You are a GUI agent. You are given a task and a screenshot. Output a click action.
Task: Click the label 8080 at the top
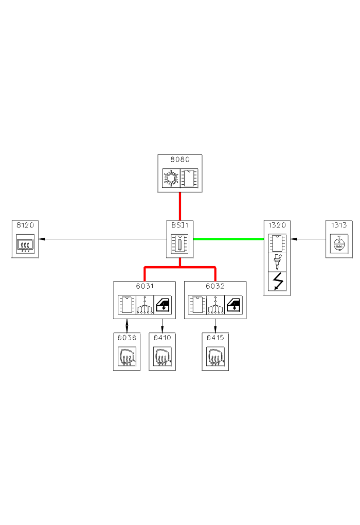[x=179, y=160]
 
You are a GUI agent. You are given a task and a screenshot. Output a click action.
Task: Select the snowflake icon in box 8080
[x=170, y=178]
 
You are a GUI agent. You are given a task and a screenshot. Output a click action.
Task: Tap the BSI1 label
[x=179, y=225]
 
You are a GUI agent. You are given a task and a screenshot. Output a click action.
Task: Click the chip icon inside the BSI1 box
[x=179, y=243]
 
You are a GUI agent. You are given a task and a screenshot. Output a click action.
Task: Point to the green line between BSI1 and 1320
[x=228, y=239]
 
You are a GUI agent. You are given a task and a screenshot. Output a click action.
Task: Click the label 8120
[x=25, y=225]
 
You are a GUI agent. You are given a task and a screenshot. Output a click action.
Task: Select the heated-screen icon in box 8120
[x=25, y=244]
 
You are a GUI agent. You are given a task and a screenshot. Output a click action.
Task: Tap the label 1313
[x=338, y=225]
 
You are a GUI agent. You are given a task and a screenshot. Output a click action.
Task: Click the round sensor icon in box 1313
[x=339, y=244]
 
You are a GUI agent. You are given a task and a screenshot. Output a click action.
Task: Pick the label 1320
[x=277, y=225]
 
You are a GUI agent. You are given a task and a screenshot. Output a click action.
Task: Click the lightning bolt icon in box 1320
[x=277, y=281]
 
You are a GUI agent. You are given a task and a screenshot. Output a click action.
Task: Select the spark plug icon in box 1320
[x=277, y=261]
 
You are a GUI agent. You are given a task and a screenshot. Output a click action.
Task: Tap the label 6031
[x=145, y=286]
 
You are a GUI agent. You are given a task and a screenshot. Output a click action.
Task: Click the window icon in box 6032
[x=234, y=304]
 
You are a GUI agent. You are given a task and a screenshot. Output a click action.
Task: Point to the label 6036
[x=127, y=338]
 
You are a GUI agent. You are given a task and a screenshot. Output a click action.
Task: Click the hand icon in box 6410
[x=162, y=356]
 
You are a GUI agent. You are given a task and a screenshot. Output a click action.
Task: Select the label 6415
[x=215, y=338]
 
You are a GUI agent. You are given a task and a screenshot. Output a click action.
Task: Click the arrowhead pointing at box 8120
[x=42, y=239]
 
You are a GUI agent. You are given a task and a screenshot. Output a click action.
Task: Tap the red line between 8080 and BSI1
[x=179, y=204]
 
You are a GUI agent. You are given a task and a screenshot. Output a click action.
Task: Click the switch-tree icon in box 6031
[x=145, y=305]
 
